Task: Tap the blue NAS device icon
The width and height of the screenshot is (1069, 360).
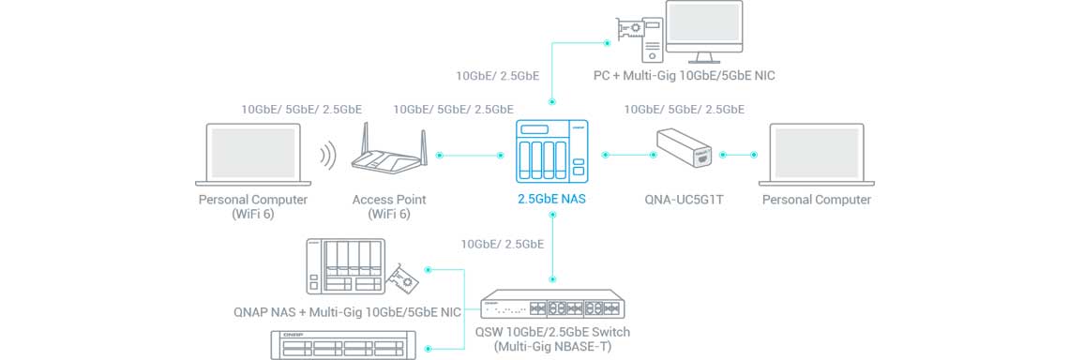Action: point(552,151)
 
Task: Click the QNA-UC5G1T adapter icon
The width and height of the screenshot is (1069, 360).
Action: point(684,149)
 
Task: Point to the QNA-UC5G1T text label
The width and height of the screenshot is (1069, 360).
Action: point(684,201)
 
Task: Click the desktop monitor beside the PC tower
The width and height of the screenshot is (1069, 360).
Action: point(703,30)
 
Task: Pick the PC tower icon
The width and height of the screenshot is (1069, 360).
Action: point(649,42)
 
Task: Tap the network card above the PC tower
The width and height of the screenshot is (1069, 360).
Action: point(629,29)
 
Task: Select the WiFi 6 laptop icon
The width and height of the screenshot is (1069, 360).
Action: point(253,155)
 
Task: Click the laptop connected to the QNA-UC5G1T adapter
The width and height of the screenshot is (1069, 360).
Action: point(816,155)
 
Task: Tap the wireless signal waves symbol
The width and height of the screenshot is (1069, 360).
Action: point(329,156)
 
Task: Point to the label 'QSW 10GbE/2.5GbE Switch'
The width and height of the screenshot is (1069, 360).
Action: point(553,333)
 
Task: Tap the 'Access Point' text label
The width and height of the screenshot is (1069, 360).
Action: point(389,200)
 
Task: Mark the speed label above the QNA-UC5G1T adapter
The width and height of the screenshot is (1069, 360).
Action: point(684,109)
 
